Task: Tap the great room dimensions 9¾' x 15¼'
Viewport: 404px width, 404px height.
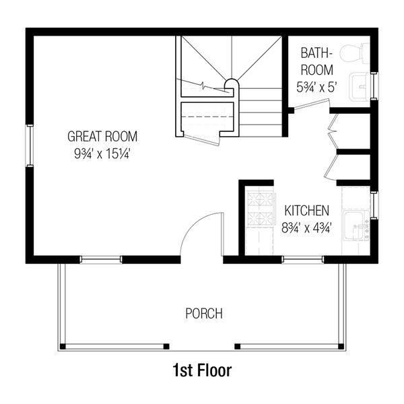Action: (x=102, y=153)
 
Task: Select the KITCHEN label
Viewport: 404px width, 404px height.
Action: (x=306, y=211)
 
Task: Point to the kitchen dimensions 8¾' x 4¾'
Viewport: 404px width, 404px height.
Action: (x=306, y=227)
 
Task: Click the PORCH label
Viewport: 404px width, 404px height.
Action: (x=203, y=314)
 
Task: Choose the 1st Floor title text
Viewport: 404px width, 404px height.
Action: (x=203, y=370)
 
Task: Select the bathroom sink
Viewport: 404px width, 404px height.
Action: (x=363, y=85)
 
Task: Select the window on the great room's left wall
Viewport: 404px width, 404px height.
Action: (x=29, y=145)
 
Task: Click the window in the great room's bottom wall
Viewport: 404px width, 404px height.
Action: (x=101, y=259)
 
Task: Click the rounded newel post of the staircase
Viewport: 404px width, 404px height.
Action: (x=230, y=85)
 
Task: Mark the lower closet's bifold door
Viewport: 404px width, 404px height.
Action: (x=331, y=167)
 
